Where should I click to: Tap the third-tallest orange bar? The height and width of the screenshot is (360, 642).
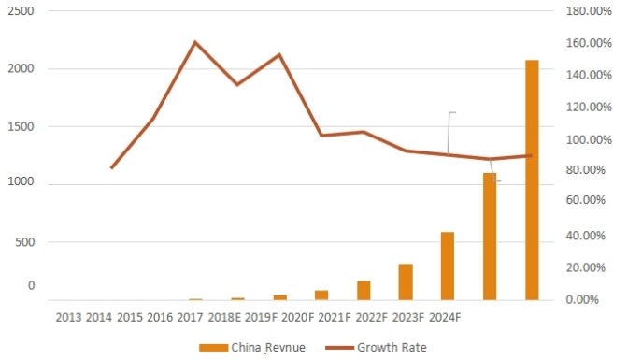pos(448,266)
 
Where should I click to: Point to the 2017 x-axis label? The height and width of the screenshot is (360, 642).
pos(190,318)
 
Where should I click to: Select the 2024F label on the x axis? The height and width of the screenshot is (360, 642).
pos(444,318)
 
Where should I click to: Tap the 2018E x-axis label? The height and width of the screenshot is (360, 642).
pos(226,318)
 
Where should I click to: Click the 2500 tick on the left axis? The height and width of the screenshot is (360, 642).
pos(21,11)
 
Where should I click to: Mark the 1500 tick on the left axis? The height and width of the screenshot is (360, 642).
pos(21,126)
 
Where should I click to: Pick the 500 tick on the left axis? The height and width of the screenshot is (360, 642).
pos(25,242)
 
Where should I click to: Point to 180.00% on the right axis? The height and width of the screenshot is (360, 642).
pos(589,11)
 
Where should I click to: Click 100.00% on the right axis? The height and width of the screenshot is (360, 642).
pos(589,139)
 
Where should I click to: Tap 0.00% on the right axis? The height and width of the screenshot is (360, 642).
pos(594,300)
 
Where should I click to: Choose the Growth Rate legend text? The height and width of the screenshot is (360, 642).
pos(393,347)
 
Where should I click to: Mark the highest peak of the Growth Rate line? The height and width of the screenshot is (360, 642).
pos(194,42)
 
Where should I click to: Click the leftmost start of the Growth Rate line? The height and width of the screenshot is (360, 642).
pos(111,168)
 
